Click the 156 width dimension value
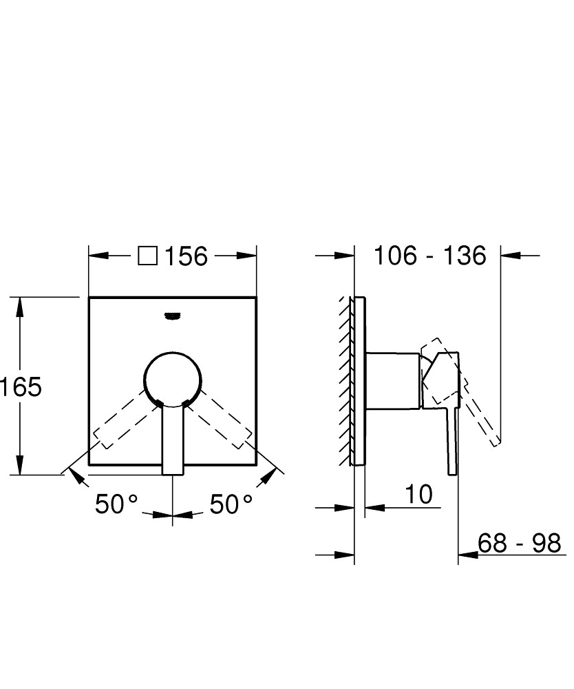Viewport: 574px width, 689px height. click(x=186, y=256)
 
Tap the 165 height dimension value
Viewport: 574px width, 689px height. click(x=21, y=387)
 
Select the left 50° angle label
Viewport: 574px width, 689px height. click(x=116, y=504)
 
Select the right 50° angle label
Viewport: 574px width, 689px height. click(x=231, y=504)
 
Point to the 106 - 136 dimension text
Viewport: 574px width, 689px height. click(x=430, y=256)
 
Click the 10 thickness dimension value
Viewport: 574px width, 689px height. click(x=418, y=494)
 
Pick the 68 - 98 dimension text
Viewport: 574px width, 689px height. click(x=519, y=543)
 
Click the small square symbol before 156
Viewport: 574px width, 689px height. click(x=147, y=256)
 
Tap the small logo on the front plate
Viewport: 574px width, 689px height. click(x=173, y=316)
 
